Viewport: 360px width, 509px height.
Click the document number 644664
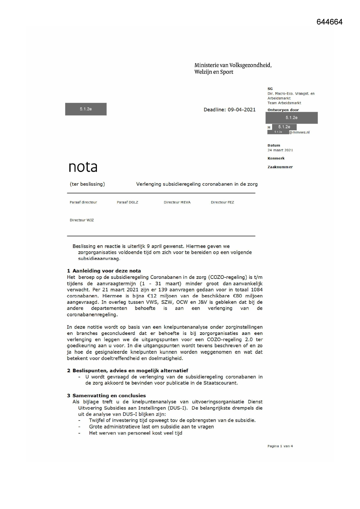tap(329, 22)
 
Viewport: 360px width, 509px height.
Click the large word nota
tap(83, 167)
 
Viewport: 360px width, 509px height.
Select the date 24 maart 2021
tap(280, 150)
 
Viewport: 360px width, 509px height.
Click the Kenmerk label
tap(276, 158)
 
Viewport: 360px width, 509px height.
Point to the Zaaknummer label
tap(280, 167)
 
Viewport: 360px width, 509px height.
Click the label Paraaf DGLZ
tap(127, 202)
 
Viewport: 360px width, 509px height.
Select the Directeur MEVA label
tap(177, 202)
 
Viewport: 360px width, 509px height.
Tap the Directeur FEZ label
tap(222, 202)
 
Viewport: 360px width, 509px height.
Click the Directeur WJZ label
tap(82, 220)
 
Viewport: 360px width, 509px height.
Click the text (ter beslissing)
tap(87, 184)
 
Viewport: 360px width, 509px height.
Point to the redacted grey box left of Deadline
tap(86, 109)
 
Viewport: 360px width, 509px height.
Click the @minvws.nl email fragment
tap(299, 132)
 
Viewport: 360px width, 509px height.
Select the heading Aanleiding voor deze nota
tap(106, 271)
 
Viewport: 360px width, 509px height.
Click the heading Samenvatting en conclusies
tap(109, 396)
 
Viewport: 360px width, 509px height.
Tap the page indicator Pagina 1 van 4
tap(280, 446)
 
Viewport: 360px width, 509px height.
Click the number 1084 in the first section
tap(257, 290)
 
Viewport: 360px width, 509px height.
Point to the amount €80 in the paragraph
tap(237, 296)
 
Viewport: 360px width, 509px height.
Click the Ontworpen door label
tap(283, 110)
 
